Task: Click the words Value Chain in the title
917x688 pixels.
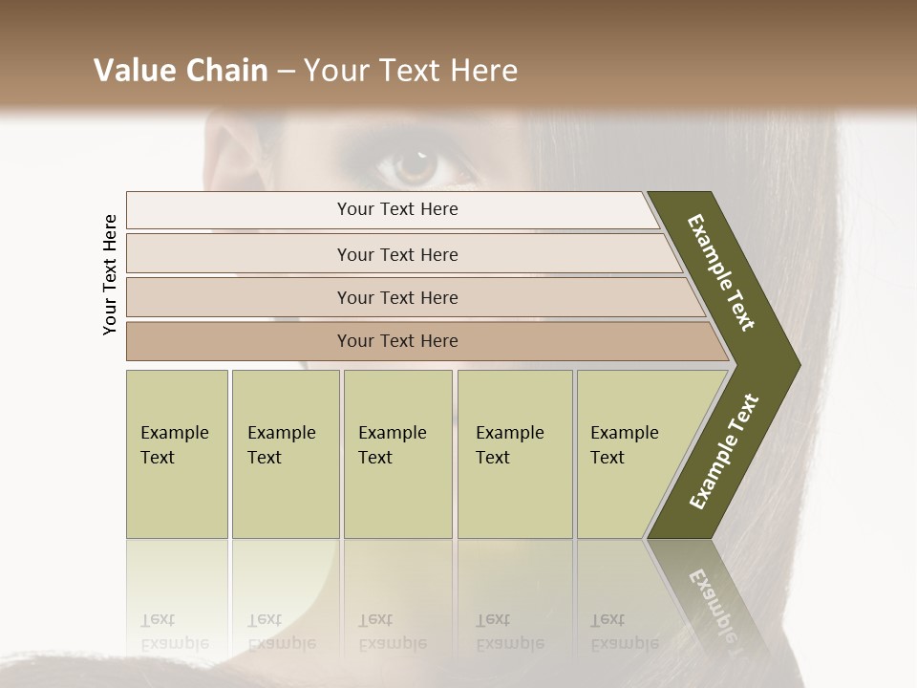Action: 181,71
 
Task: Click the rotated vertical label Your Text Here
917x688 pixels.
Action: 110,274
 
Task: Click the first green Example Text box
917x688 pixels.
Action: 177,454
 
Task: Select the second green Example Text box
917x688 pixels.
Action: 286,454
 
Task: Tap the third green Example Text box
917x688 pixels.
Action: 397,454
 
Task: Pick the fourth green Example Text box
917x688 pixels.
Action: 515,454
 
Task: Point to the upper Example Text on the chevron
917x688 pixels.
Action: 721,272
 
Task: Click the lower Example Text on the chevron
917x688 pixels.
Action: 724,451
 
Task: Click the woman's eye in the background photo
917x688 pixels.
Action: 416,164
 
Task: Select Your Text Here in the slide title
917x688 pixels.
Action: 411,71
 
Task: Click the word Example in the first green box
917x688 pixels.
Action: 174,433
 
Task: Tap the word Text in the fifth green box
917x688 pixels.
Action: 607,458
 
